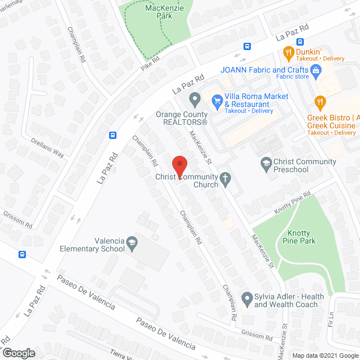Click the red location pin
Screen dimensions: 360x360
179,166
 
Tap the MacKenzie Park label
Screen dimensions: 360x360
166,12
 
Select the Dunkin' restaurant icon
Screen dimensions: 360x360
288,53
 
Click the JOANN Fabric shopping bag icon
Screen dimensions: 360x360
315,70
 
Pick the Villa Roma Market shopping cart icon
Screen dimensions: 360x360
217,100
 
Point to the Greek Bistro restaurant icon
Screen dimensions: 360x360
321,102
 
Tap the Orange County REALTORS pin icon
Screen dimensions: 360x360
195,101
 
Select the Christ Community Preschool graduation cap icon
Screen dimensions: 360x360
265,165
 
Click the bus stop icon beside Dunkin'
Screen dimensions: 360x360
300,41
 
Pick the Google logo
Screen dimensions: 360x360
18,353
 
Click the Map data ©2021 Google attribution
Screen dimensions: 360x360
325,355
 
